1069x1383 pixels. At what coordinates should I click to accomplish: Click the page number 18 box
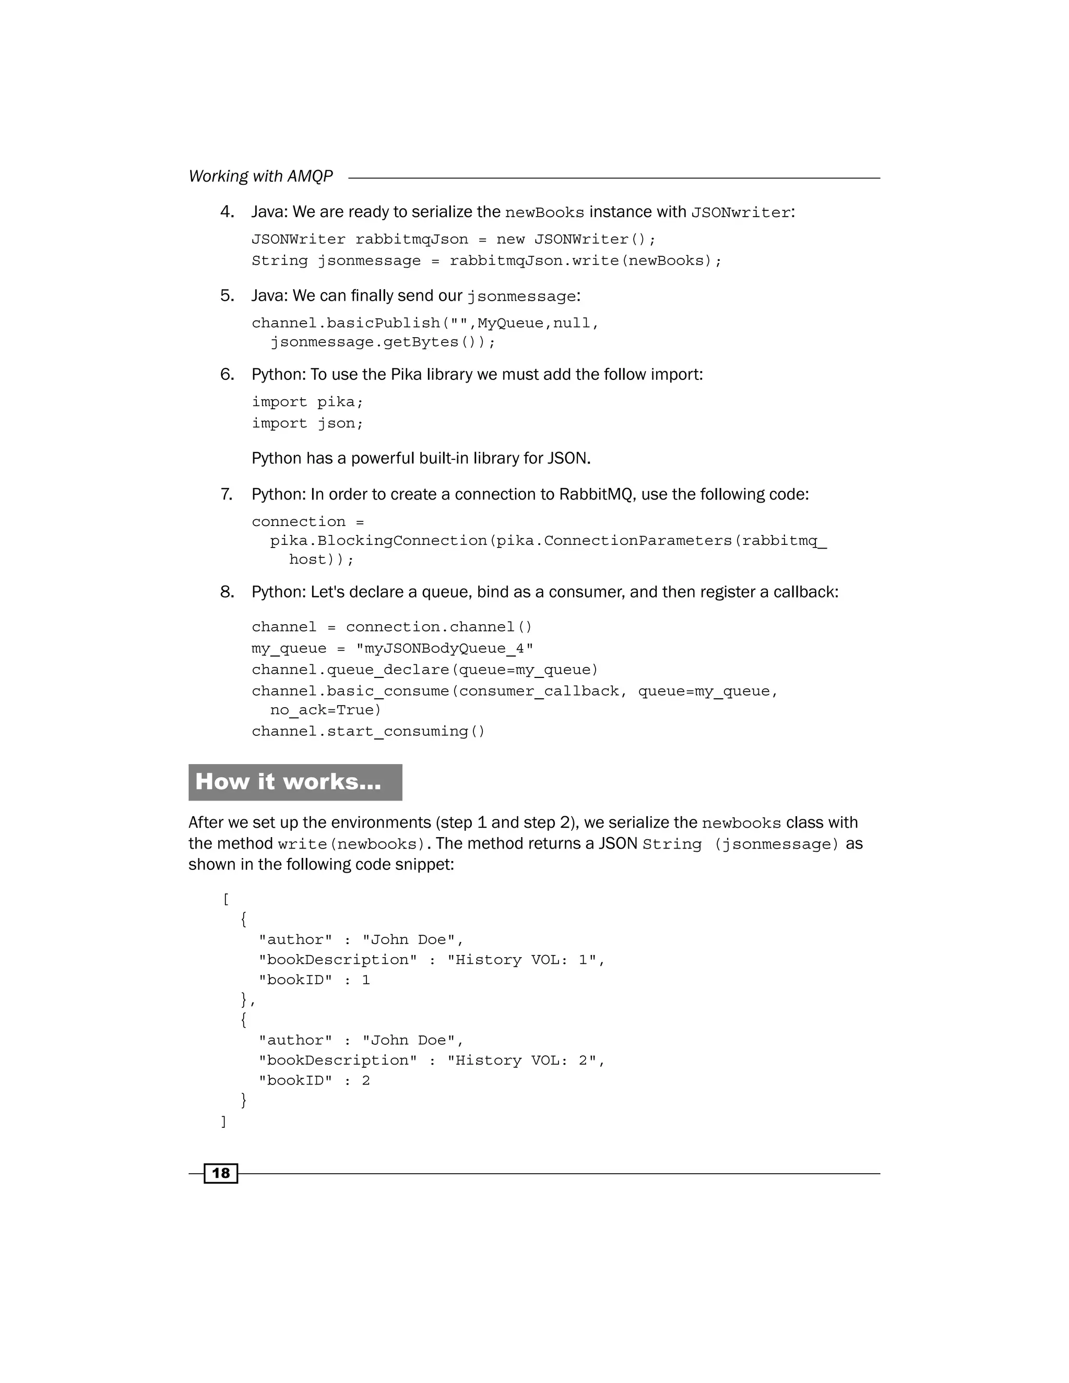pyautogui.click(x=220, y=1173)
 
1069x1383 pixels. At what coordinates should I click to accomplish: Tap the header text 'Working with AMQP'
pyautogui.click(x=260, y=176)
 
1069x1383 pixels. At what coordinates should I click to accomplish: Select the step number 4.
pyautogui.click(x=227, y=211)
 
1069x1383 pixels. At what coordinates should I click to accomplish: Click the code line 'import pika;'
pyautogui.click(x=307, y=402)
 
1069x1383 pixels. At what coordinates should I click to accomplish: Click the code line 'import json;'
pyautogui.click(x=307, y=423)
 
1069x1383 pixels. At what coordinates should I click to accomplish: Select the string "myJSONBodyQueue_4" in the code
pyautogui.click(x=445, y=648)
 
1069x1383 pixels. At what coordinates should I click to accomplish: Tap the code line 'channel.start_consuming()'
pyautogui.click(x=368, y=731)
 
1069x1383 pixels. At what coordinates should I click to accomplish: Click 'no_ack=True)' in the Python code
pyautogui.click(x=326, y=710)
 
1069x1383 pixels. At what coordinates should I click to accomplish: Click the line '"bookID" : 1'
pyautogui.click(x=314, y=980)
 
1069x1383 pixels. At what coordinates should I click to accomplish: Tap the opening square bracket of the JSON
pyautogui.click(x=226, y=899)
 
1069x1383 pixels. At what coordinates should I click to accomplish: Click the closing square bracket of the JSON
pyautogui.click(x=223, y=1122)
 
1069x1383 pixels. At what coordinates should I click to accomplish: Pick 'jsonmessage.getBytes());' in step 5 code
pyautogui.click(x=383, y=342)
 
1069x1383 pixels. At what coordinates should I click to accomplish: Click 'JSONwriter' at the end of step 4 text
pyautogui.click(x=740, y=213)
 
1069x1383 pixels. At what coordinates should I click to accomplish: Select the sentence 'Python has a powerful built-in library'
pyautogui.click(x=421, y=458)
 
